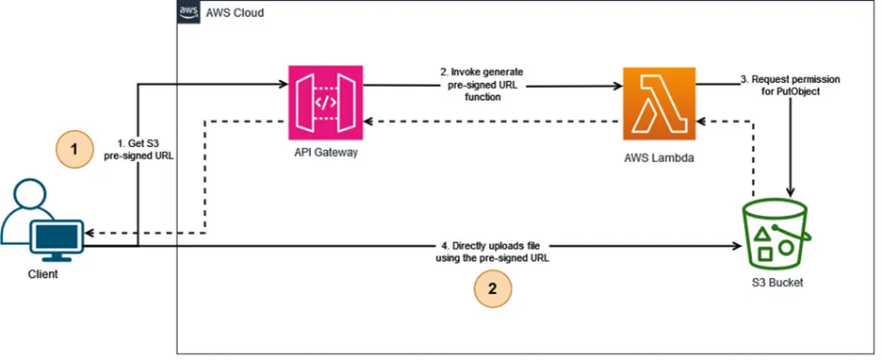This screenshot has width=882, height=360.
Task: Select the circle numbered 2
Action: tap(492, 288)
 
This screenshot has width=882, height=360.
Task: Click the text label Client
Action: tap(42, 274)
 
